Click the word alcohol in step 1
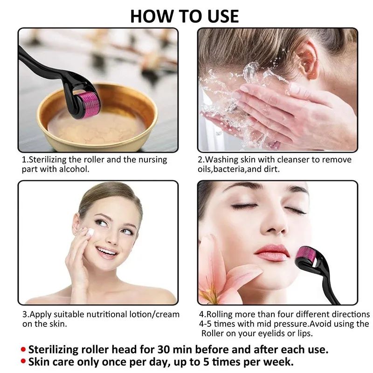[73, 169]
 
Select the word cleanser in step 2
[285, 159]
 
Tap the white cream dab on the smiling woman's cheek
[90, 232]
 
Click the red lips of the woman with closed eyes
[272, 252]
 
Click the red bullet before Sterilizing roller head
[23, 349]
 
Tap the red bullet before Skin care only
[23, 362]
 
